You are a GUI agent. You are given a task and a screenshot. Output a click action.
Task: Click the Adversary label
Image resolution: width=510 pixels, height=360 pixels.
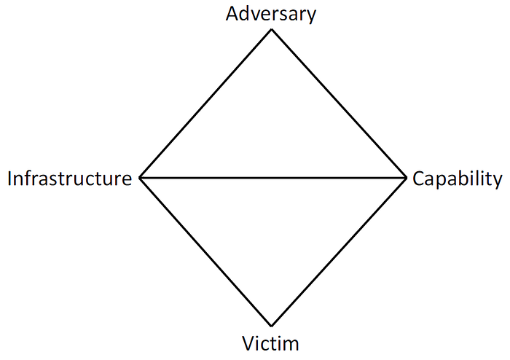[271, 15]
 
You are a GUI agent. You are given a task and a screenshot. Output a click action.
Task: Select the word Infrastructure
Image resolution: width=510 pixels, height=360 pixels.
[70, 179]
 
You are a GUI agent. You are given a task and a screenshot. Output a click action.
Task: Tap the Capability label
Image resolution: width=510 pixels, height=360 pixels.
[458, 179]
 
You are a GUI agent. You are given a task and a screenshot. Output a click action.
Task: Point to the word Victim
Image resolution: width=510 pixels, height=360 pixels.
[270, 343]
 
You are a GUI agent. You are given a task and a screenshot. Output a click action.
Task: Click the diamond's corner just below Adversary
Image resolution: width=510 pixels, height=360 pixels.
[272, 29]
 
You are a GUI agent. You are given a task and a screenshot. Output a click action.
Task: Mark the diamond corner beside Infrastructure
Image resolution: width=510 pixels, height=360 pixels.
[140, 178]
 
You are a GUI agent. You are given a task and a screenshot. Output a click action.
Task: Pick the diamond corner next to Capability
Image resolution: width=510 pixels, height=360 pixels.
[407, 178]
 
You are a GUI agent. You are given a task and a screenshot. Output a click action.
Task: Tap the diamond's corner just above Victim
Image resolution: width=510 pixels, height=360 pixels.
[272, 326]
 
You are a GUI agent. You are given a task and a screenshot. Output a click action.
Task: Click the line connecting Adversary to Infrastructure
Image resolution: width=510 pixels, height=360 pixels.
[205, 103]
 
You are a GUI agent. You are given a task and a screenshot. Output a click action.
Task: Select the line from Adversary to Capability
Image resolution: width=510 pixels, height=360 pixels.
[339, 103]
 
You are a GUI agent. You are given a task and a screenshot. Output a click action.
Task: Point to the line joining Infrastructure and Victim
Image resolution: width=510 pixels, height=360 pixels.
[205, 252]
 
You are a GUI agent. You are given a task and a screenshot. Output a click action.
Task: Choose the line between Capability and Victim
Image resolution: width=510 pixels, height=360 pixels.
[339, 252]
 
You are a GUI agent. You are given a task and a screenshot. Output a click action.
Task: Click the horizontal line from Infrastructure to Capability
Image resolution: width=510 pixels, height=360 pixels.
[273, 178]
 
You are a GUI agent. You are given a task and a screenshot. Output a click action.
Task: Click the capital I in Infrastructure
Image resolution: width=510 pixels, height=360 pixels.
[9, 179]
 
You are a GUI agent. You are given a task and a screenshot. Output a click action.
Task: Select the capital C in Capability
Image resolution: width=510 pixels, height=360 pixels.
[418, 179]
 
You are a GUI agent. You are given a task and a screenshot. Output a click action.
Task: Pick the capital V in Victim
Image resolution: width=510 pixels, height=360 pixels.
[248, 343]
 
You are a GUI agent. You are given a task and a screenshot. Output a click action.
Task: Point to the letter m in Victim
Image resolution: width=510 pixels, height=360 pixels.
[291, 345]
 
